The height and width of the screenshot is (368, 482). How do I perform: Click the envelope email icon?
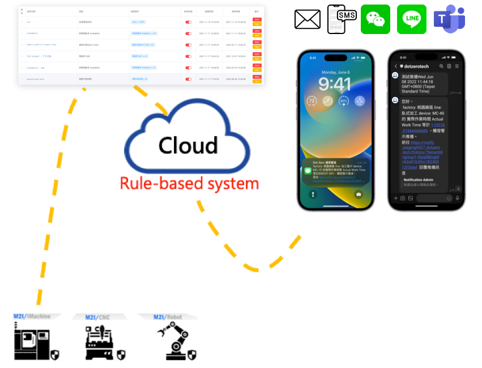coord(308,19)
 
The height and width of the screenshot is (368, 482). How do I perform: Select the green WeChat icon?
coord(376,19)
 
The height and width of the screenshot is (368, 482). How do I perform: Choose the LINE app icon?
coord(412,19)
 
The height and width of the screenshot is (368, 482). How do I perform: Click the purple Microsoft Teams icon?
coord(449,20)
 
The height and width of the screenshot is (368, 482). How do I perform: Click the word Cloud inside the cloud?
coord(187,146)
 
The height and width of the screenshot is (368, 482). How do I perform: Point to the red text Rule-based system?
coord(189,183)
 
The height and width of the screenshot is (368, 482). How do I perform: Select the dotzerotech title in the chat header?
coord(418,66)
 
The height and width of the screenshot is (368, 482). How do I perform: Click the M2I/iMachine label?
coord(32,316)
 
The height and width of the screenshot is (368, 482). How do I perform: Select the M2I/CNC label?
coord(97,317)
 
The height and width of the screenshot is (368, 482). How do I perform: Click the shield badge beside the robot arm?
coord(193,355)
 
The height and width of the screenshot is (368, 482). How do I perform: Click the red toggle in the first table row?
coord(188,22)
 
